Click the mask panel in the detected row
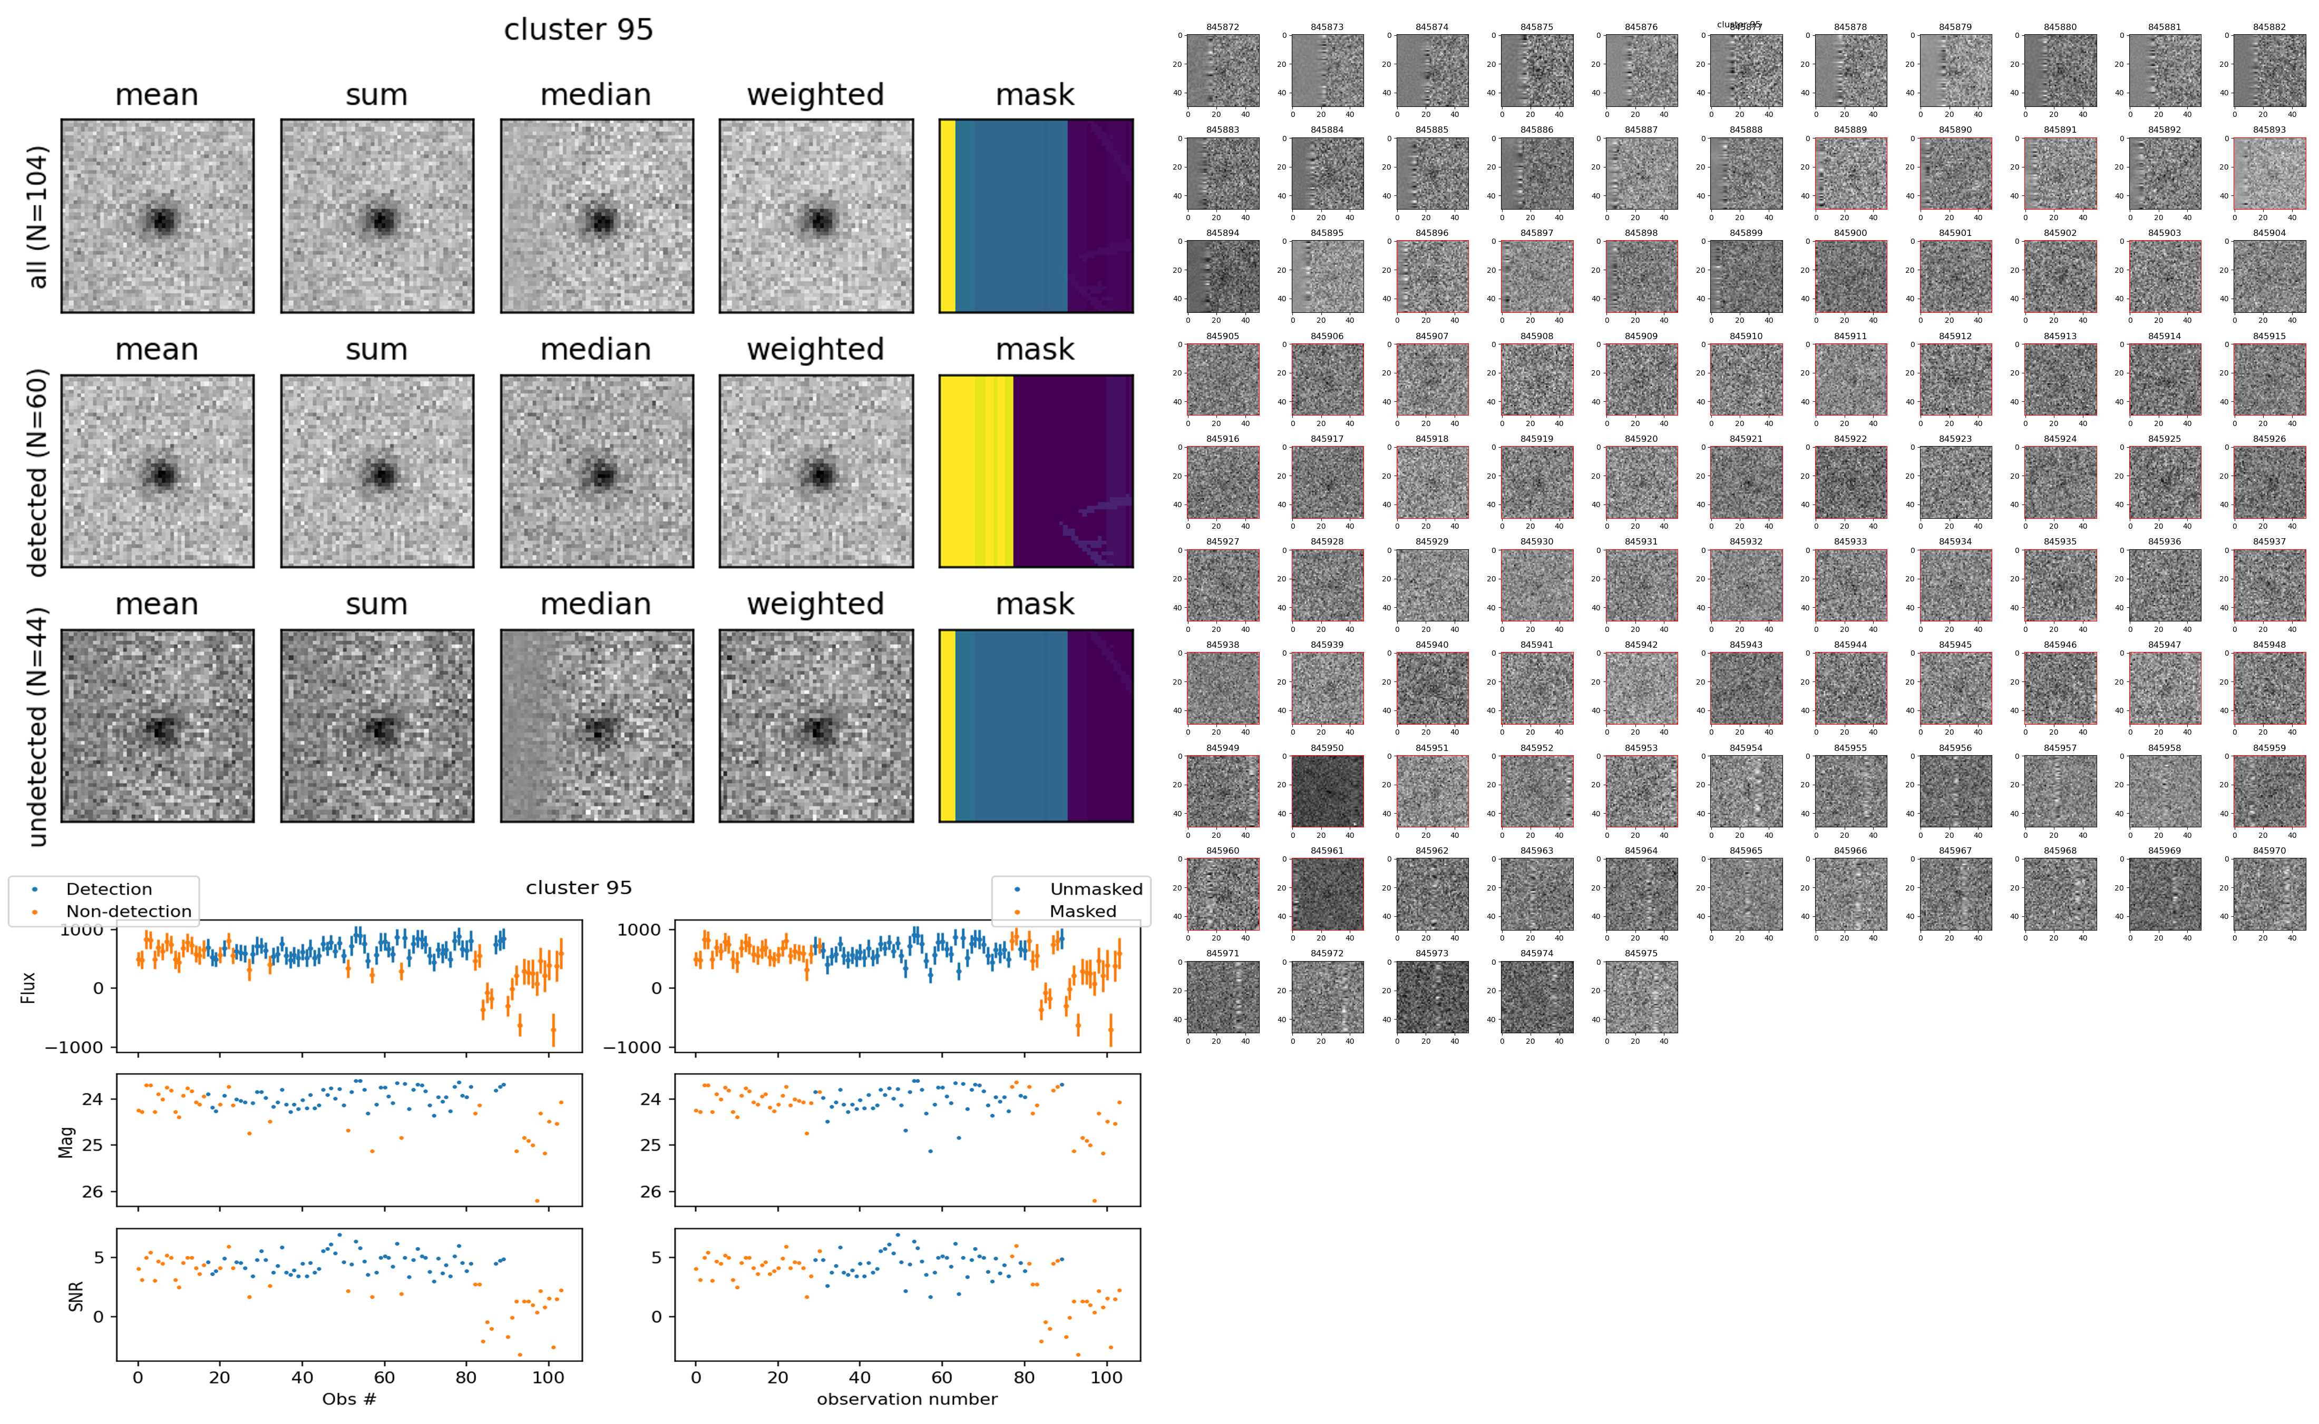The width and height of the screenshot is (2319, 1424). [1036, 471]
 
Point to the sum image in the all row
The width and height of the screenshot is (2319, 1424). [377, 216]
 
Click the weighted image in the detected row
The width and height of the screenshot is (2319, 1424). [816, 471]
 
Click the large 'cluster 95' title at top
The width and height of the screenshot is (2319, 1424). [579, 30]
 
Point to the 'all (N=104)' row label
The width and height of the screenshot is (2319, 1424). [38, 216]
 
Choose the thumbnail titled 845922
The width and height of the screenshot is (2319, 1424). [1850, 482]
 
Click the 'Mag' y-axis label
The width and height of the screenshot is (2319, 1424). [66, 1141]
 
